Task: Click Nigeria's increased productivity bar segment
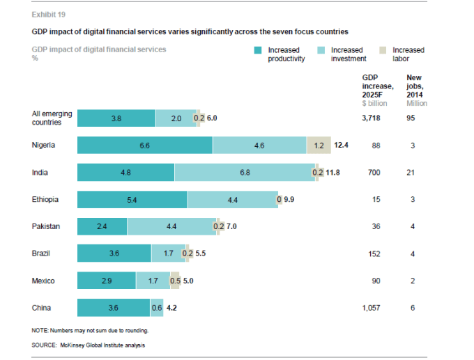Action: pyautogui.click(x=144, y=145)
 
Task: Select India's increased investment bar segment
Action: pyautogui.click(x=245, y=172)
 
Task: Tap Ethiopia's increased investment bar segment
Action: pyautogui.click(x=232, y=199)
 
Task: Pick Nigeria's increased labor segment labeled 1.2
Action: pyautogui.click(x=319, y=145)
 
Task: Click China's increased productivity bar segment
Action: pyautogui.click(x=113, y=308)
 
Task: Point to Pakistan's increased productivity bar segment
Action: pyautogui.click(x=102, y=226)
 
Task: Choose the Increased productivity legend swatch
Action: pyautogui.click(x=258, y=50)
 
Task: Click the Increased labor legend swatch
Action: pyautogui.click(x=382, y=50)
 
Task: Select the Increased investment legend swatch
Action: pyautogui.click(x=321, y=50)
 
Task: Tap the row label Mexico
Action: pyautogui.click(x=43, y=281)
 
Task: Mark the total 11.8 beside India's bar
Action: pyautogui.click(x=331, y=172)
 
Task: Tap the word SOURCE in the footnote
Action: pyautogui.click(x=45, y=345)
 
